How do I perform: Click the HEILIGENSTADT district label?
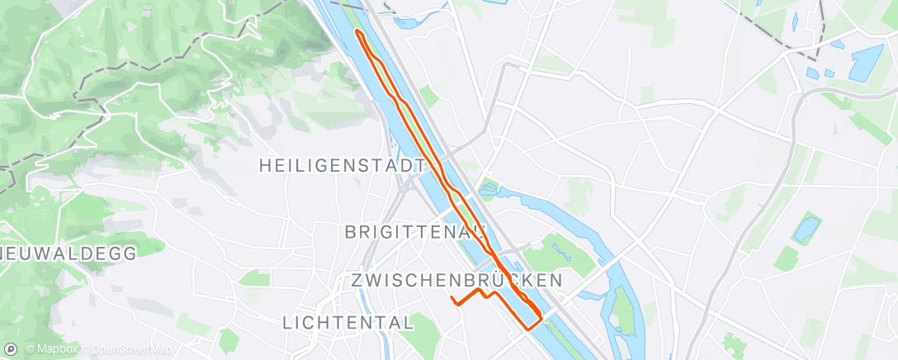pos(336,165)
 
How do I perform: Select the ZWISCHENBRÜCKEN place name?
pos(456,281)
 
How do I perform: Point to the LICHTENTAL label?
pos(348,323)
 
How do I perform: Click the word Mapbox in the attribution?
pos(56,349)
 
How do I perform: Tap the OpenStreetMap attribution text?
pos(132,349)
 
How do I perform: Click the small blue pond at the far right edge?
pos(806,227)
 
